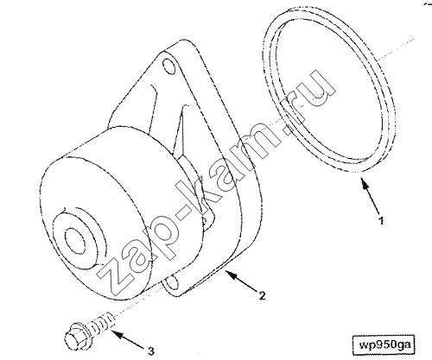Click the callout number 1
[381, 220]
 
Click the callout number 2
[263, 295]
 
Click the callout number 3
[151, 351]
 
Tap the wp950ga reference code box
[384, 345]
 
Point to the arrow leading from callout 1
[369, 196]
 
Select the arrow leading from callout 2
[241, 280]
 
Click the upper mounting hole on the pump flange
[168, 65]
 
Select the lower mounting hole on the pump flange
[172, 282]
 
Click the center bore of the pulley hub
[76, 241]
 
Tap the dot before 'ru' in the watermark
[285, 127]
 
